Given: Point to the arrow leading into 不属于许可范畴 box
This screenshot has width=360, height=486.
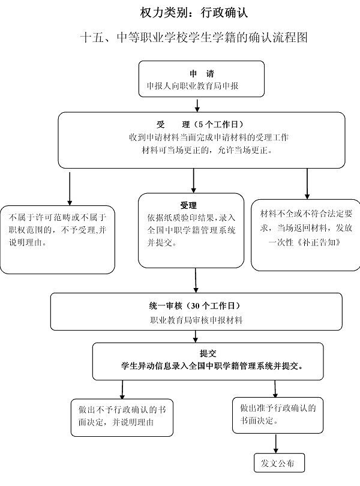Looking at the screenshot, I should (70, 188).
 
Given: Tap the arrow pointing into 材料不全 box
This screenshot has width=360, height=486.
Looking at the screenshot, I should (307, 183).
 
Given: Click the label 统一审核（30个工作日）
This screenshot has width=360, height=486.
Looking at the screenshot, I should (196, 305).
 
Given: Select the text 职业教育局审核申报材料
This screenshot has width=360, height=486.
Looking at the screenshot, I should (196, 320).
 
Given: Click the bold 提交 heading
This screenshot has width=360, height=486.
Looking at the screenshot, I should (208, 352).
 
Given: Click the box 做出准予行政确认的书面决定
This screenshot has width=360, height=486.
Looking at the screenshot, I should (277, 414).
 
